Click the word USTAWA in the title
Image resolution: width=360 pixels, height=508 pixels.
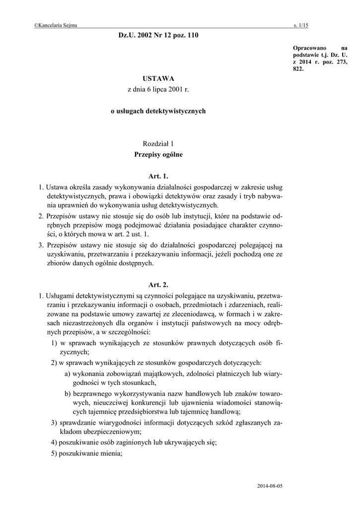pos(158,78)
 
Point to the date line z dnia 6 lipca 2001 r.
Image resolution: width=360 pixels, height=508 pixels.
pos(158,90)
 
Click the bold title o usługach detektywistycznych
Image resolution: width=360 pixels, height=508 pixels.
pos(158,111)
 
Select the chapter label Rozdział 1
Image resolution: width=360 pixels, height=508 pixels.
pos(158,143)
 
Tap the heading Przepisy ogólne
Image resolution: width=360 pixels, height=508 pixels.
pos(158,155)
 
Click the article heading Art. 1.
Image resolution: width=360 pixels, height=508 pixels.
pos(158,176)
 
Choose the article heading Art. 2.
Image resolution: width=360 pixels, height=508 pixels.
pos(158,285)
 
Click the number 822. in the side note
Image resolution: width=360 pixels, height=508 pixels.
pos(298,69)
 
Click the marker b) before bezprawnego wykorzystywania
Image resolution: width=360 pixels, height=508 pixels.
pos(68,393)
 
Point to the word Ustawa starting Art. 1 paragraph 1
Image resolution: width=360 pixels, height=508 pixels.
pos(56,187)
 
